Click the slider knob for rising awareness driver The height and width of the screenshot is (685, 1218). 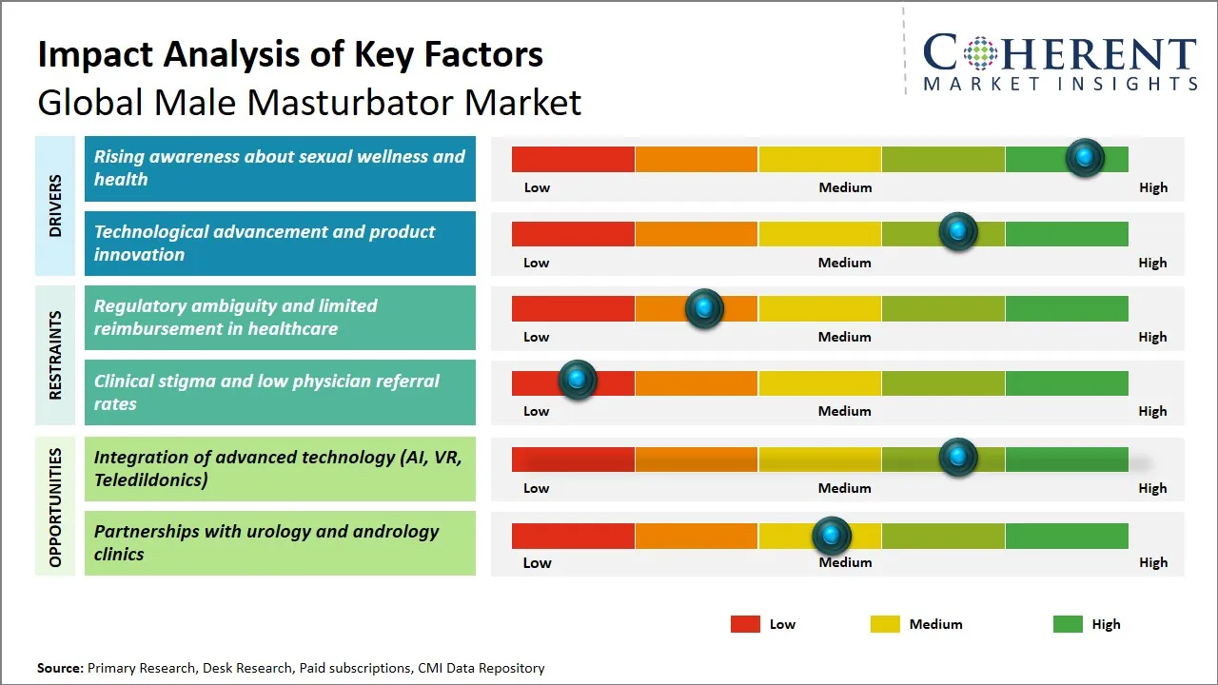1084,158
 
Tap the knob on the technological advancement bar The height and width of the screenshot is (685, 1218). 957,232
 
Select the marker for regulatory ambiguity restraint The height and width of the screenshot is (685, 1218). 704,308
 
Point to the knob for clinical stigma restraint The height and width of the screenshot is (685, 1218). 577,381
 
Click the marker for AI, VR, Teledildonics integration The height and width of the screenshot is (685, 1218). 957,458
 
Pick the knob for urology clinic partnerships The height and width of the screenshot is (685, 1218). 832,536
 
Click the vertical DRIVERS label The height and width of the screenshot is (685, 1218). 55,205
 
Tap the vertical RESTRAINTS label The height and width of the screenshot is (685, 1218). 55,355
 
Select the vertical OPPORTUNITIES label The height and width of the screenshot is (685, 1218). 55,507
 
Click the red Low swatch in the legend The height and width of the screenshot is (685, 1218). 745,624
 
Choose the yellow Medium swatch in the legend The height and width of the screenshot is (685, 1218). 885,624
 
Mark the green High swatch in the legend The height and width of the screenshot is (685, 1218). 1068,624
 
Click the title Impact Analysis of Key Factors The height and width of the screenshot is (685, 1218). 290,54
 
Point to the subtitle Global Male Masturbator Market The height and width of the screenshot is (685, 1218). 309,102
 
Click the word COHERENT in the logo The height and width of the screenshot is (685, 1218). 1059,53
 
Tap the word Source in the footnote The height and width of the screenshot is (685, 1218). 59,668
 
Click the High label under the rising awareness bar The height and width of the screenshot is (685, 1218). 1152,187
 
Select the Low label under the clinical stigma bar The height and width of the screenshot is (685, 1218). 536,411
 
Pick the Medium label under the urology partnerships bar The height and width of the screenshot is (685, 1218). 845,562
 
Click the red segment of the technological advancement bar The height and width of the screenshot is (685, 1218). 573,234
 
